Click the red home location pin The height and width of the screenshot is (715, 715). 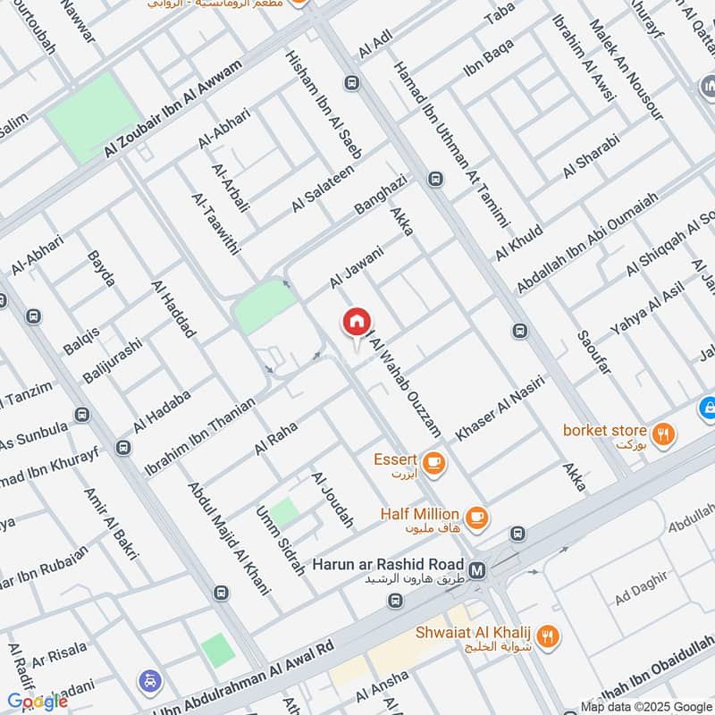357,322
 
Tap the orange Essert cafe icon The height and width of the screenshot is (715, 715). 434,462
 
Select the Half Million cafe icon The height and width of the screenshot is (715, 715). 476,515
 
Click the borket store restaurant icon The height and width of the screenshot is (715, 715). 662,432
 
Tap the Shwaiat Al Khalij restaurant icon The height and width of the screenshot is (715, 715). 550,635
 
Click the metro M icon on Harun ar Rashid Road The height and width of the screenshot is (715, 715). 478,568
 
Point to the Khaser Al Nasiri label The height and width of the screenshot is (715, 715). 500,408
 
